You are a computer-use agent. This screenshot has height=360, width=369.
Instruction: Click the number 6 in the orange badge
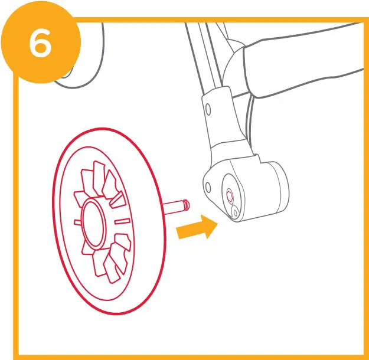pyautogui.click(x=40, y=44)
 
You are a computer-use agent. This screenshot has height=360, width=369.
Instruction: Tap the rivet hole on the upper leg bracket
pyautogui.click(x=207, y=109)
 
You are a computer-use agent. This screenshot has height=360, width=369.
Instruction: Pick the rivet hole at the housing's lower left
pyautogui.click(x=208, y=188)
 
